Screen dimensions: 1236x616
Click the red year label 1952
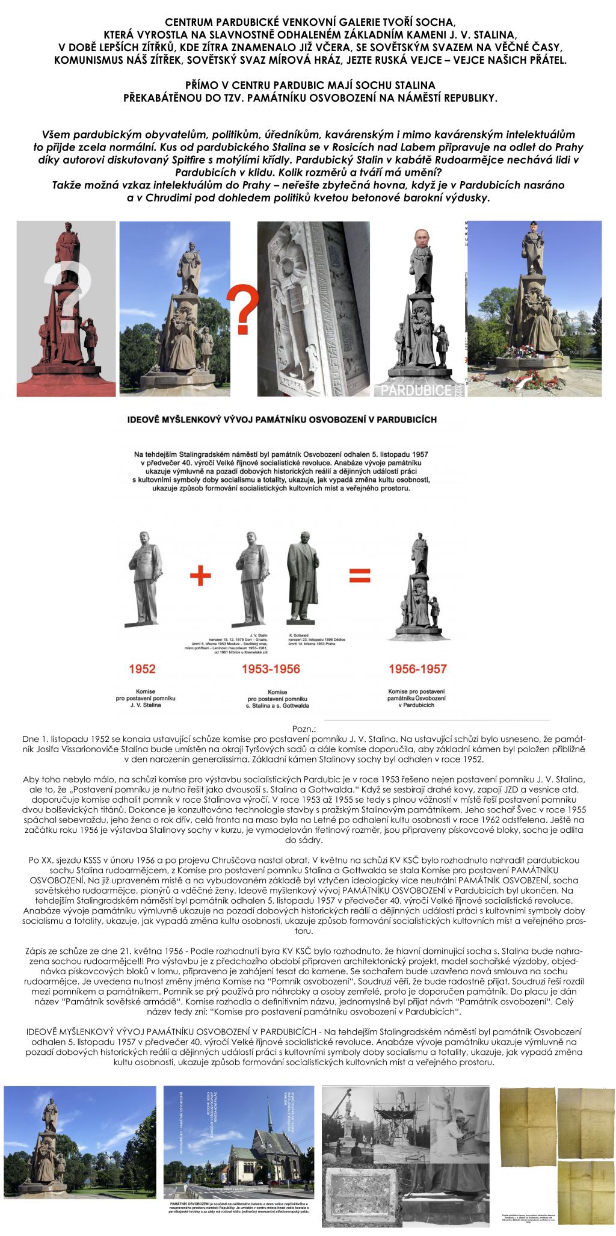pyautogui.click(x=142, y=669)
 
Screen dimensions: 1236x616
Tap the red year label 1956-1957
pyautogui.click(x=418, y=669)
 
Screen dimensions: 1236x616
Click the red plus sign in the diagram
pyautogui.click(x=201, y=576)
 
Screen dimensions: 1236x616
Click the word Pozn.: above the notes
pyautogui.click(x=307, y=729)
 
